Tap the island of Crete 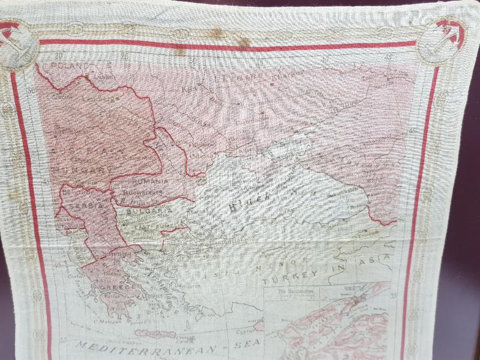tap(157, 334)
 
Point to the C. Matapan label tap(108, 322)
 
